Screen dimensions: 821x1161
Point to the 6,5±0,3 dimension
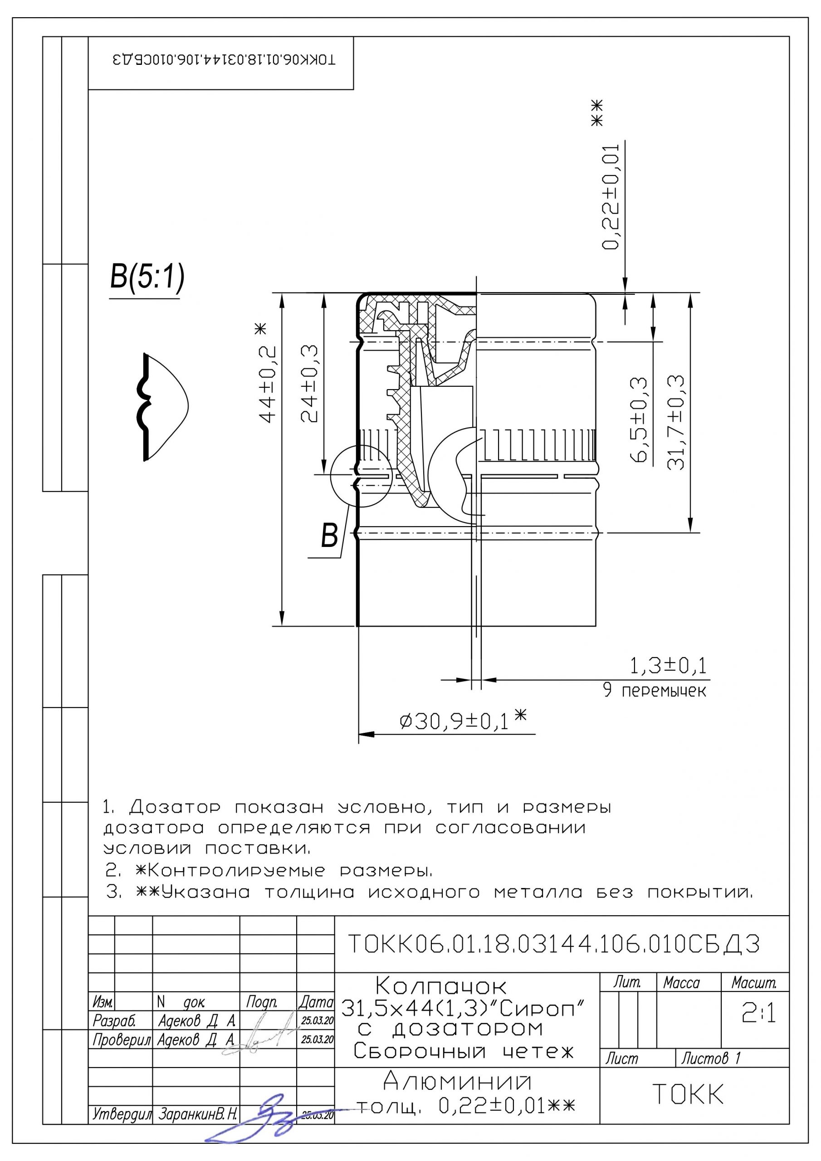point(639,419)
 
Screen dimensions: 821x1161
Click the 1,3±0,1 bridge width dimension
point(668,667)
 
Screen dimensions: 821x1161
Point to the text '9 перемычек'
point(655,691)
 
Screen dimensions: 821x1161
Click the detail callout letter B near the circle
point(329,536)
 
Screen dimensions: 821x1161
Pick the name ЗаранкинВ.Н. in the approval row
point(198,1114)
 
